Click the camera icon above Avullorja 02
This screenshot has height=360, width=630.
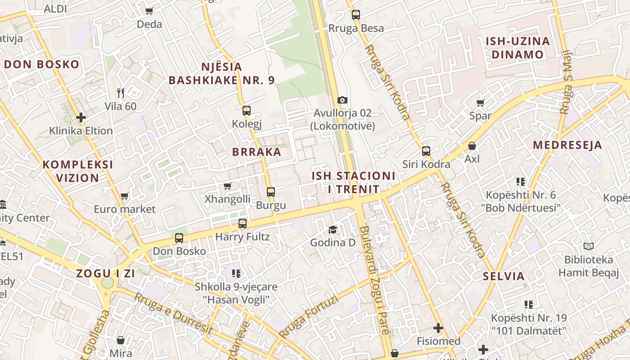342,100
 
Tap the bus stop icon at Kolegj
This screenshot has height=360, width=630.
246,110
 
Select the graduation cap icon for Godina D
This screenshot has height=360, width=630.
333,230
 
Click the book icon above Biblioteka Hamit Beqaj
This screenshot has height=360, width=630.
588,246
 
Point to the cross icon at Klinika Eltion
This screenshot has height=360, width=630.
81,118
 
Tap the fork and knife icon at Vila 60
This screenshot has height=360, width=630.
120,93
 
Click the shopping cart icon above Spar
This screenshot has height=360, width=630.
480,103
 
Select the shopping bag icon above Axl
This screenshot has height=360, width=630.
472,146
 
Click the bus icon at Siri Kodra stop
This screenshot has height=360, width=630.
426,151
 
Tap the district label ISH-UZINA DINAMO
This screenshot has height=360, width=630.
517,48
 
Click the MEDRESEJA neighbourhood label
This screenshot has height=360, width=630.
567,145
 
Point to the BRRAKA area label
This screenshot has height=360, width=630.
256,152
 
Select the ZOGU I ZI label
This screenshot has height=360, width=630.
105,273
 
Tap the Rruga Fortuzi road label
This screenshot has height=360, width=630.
308,317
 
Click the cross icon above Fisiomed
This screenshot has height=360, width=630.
438,328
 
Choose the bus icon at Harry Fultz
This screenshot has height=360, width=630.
243,223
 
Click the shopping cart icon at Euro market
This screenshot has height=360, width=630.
125,196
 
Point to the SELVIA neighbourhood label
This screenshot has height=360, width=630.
504,276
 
